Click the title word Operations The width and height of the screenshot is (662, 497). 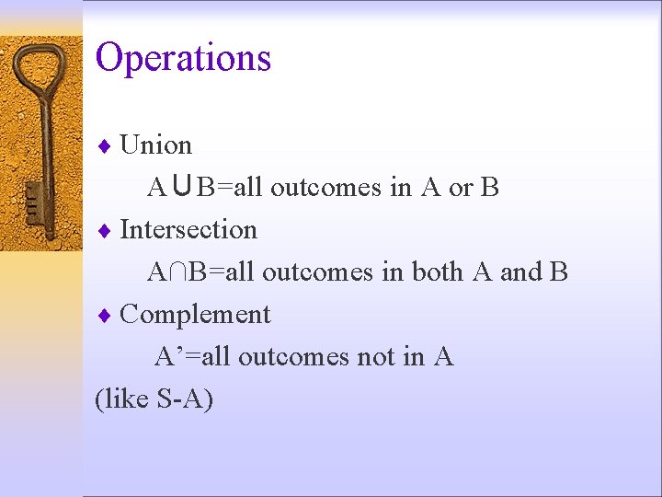[x=183, y=57]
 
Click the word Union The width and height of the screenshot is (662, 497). [x=155, y=145]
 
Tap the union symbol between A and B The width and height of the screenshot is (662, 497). [x=181, y=188]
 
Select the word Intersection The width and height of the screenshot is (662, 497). [x=188, y=229]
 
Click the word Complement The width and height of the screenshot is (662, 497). [x=195, y=314]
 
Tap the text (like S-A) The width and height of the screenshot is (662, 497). [x=154, y=399]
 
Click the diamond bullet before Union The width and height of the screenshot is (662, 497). [x=105, y=146]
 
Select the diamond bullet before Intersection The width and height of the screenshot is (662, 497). [x=105, y=230]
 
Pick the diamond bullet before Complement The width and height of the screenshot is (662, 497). [x=105, y=315]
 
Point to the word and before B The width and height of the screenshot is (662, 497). [x=521, y=272]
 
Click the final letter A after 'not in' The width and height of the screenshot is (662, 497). [x=443, y=356]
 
